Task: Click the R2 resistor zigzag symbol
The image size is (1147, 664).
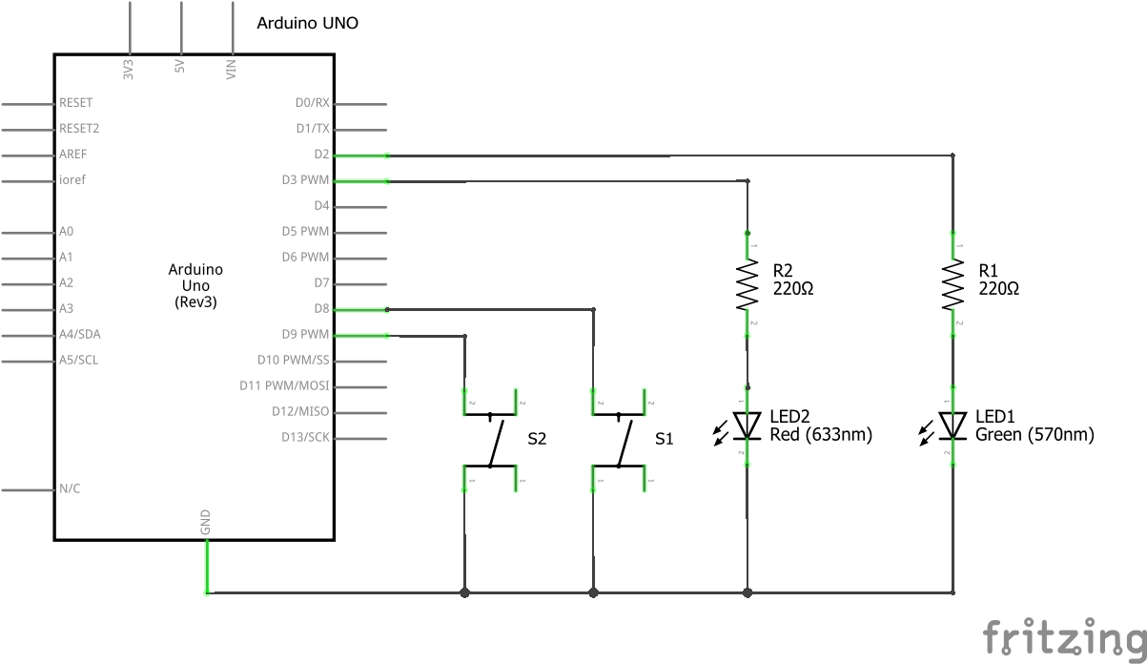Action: tap(748, 284)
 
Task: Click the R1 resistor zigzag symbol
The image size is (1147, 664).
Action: tap(952, 284)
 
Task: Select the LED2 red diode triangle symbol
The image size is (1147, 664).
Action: tap(748, 425)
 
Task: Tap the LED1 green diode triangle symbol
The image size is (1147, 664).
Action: tap(952, 425)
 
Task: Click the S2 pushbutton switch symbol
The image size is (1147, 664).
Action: tap(490, 440)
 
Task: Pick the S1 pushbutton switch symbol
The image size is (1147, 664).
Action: tap(619, 440)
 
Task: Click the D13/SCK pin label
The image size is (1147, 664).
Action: tap(305, 438)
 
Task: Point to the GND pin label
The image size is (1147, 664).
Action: tap(205, 522)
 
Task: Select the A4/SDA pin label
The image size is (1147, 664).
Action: tap(80, 335)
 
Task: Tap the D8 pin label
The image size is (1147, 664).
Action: tap(321, 309)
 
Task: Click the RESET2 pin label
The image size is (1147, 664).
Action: tap(79, 128)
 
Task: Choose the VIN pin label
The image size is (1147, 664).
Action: tap(231, 69)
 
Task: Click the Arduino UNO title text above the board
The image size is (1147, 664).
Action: tap(307, 23)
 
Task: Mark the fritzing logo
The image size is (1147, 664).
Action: tap(1064, 637)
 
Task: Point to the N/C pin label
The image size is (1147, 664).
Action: tap(70, 488)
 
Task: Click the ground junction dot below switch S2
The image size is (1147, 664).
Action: tap(464, 592)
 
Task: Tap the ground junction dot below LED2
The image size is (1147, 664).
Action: tap(748, 592)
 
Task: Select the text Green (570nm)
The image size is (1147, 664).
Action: tap(1034, 434)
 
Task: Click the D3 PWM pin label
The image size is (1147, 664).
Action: tap(305, 180)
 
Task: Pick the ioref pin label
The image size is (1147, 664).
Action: tap(72, 179)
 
